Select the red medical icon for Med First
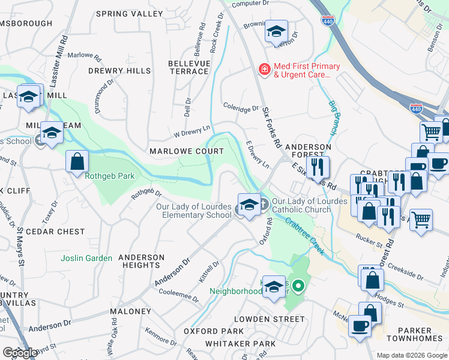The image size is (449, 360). [x=264, y=70]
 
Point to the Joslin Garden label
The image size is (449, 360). [x=86, y=258]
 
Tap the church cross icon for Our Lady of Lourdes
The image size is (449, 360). [x=264, y=205]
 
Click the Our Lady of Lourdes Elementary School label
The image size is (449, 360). [x=193, y=211]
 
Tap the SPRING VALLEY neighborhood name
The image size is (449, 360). [x=125, y=13]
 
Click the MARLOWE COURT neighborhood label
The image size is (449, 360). [x=186, y=151]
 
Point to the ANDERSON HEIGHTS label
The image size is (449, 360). [x=142, y=261]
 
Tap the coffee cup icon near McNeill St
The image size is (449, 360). [x=360, y=326]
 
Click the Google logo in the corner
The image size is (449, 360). [x=20, y=353]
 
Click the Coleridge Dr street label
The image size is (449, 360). [x=241, y=109]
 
